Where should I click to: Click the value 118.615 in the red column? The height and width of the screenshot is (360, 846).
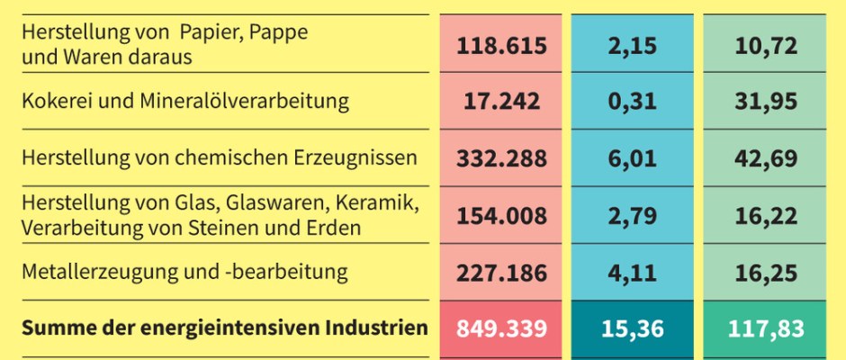(501, 45)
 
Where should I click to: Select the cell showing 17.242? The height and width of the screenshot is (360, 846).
(501, 102)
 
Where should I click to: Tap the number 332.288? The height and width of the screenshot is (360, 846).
(501, 158)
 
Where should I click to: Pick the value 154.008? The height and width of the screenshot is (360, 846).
(501, 215)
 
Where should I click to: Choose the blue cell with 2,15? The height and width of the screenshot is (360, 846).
(633, 45)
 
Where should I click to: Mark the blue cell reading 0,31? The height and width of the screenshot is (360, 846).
(633, 102)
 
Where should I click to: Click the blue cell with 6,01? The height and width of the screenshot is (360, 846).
(633, 158)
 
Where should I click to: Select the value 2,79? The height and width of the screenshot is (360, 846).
(633, 215)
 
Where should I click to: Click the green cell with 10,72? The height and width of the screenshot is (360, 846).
(765, 45)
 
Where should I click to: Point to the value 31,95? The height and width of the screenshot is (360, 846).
(765, 102)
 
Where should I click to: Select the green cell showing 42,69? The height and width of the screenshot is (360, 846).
(765, 158)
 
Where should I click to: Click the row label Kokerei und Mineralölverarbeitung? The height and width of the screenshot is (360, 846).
(184, 101)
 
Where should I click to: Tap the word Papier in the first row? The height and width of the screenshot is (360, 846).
(209, 33)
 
